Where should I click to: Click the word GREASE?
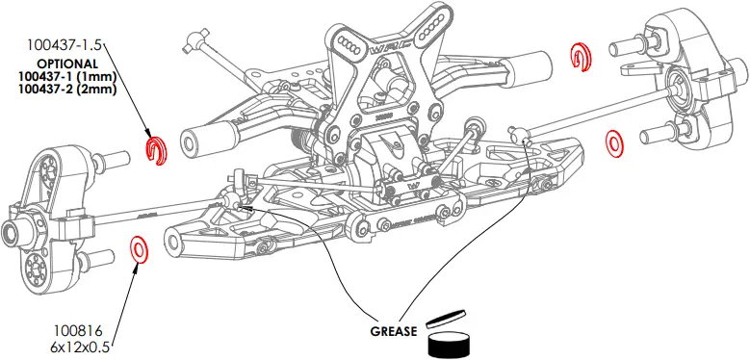pos(393,331)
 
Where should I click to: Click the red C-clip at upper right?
pos(581,57)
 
